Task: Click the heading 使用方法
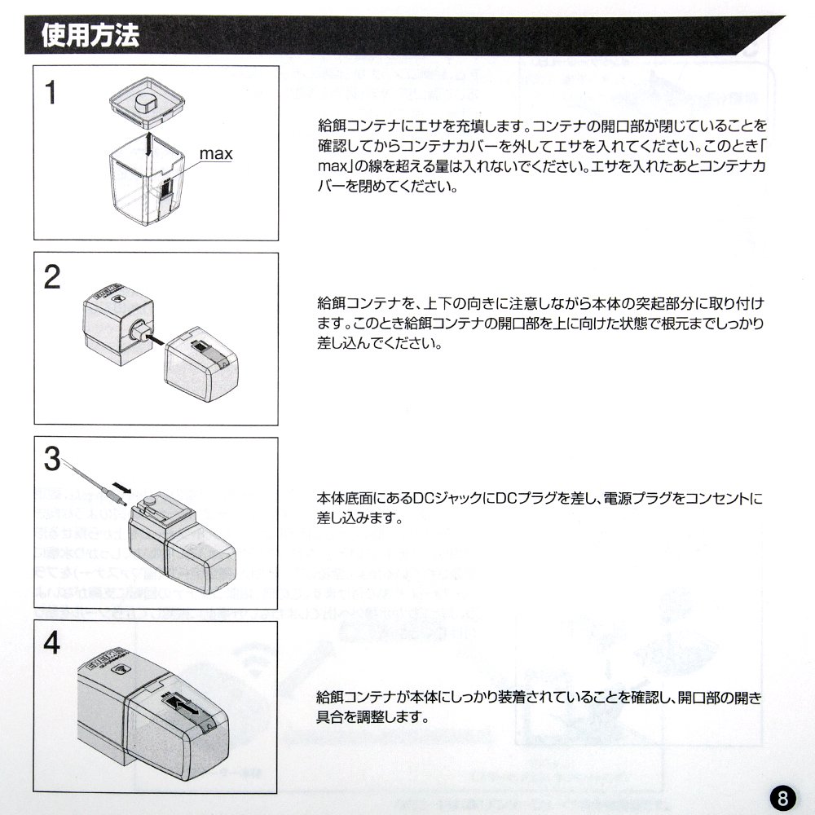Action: [90, 37]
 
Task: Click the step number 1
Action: [51, 92]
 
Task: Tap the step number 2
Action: [52, 278]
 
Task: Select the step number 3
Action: [52, 460]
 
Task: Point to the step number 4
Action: [52, 644]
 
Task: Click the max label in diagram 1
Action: [217, 153]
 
